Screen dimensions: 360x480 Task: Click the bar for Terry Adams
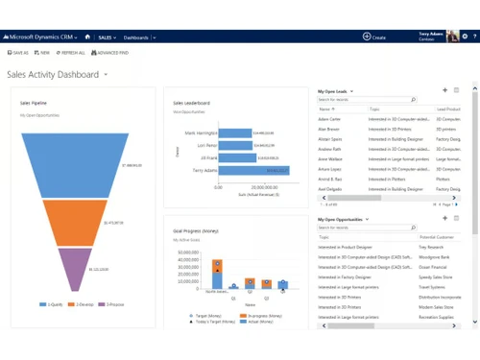point(245,169)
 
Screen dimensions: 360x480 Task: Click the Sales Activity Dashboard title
point(53,74)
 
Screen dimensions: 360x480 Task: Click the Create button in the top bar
point(374,36)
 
